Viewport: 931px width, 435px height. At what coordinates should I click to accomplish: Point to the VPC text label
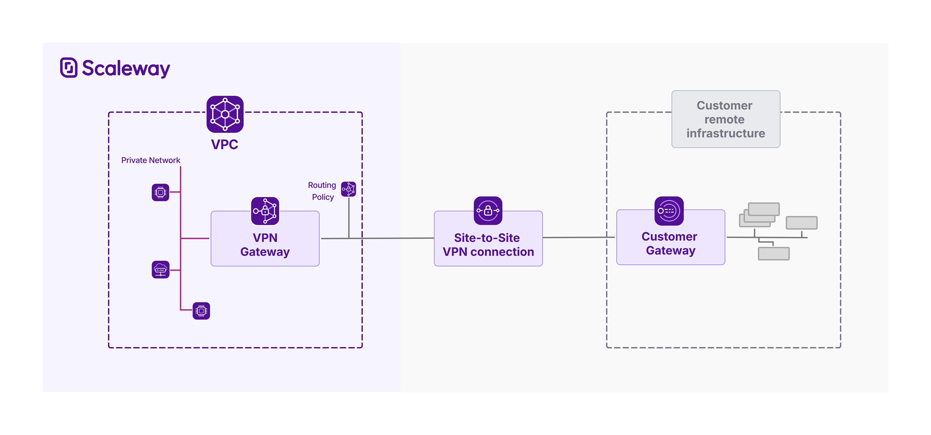click(x=224, y=144)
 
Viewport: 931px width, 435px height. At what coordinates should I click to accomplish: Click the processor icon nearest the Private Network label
click(x=160, y=192)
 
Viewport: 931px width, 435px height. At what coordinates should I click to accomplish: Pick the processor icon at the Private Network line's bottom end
click(x=201, y=311)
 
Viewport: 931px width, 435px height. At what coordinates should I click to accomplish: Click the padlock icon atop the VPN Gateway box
click(x=265, y=211)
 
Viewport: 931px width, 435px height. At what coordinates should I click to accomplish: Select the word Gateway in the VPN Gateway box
click(x=265, y=252)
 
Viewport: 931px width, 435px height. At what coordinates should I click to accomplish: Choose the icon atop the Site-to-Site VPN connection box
click(x=488, y=211)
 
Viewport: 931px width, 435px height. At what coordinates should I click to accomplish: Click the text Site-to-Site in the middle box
click(x=487, y=238)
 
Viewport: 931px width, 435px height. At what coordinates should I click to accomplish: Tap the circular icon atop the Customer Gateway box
click(x=669, y=211)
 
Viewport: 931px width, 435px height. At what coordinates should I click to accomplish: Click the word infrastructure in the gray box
click(x=726, y=133)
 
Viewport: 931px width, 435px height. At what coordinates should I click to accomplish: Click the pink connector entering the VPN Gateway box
click(x=195, y=238)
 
